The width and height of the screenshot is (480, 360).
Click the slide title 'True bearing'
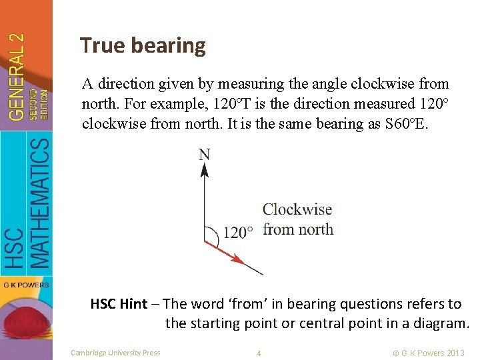143,45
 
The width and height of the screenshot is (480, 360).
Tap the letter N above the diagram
204,155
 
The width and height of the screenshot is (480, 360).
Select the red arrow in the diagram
224,252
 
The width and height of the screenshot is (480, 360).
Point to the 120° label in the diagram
238,233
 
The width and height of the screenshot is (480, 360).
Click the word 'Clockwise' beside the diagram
297,209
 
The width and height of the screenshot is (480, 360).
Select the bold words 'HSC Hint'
119,304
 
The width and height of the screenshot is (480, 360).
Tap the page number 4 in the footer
259,353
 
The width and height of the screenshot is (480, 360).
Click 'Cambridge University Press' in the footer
115,353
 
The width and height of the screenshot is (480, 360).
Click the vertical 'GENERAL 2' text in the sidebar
18,77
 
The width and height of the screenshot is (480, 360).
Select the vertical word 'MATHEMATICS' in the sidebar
40,203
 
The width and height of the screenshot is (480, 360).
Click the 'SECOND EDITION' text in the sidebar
39,103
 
